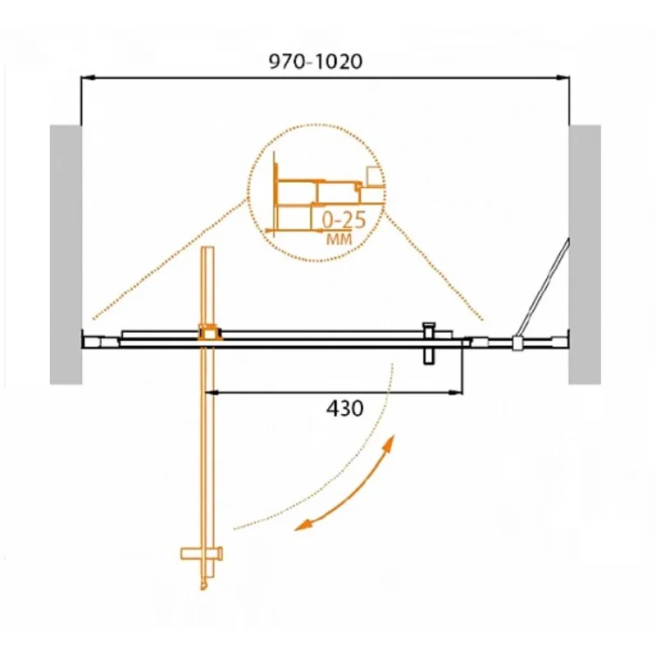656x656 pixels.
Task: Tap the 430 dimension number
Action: pyautogui.click(x=345, y=408)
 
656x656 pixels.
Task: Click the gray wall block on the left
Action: pyautogui.click(x=65, y=254)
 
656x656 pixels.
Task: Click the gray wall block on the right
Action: pyautogui.click(x=585, y=254)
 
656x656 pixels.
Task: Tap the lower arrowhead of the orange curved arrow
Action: pyautogui.click(x=301, y=526)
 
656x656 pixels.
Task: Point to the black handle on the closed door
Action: pyautogui.click(x=427, y=343)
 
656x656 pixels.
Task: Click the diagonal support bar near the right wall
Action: pyautogui.click(x=544, y=287)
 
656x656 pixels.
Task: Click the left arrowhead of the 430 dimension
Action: pyautogui.click(x=215, y=393)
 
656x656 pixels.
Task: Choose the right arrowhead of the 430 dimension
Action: pyautogui.click(x=458, y=393)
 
